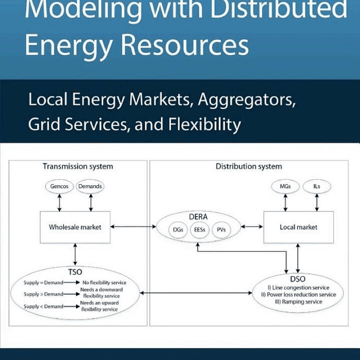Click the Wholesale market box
pyautogui.click(x=75, y=227)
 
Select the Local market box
pyautogui.click(x=298, y=227)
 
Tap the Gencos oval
pyautogui.click(x=60, y=186)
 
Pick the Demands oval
pyautogui.click(x=90, y=186)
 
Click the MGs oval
pyautogui.click(x=285, y=186)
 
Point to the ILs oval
pyautogui.click(x=316, y=186)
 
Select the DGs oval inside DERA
pyautogui.click(x=177, y=230)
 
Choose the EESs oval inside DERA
pyautogui.click(x=199, y=230)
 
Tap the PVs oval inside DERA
pyautogui.click(x=221, y=230)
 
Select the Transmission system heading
pyautogui.click(x=78, y=166)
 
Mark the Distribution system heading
pyautogui.click(x=248, y=166)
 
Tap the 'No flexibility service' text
pyautogui.click(x=108, y=283)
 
